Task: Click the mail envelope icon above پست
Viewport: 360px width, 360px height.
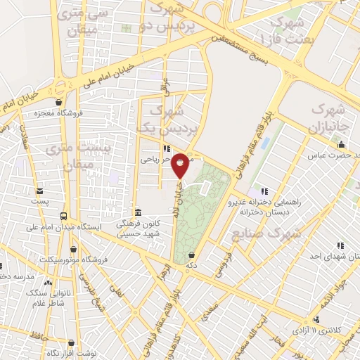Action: pyautogui.click(x=39, y=191)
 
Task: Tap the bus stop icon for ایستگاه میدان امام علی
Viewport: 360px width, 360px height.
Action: pyautogui.click(x=64, y=216)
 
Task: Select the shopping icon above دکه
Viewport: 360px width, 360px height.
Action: pyautogui.click(x=191, y=255)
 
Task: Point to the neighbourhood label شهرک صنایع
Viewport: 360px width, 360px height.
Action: pyautogui.click(x=266, y=233)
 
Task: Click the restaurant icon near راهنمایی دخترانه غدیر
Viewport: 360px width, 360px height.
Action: pyautogui.click(x=264, y=191)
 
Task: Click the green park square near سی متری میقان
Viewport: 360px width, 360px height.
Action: pyautogui.click(x=127, y=28)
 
